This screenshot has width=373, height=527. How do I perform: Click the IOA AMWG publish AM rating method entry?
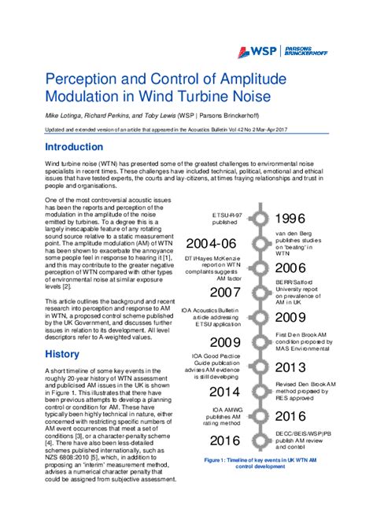point(227,416)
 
